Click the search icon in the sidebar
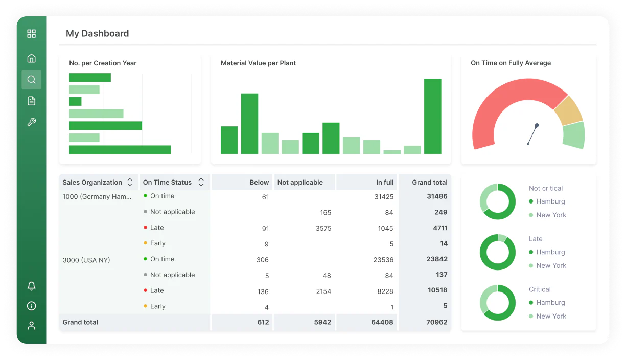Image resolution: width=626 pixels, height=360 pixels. (x=31, y=80)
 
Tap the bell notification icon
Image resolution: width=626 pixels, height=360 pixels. (x=31, y=286)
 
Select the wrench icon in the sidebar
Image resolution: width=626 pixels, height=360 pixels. (x=31, y=122)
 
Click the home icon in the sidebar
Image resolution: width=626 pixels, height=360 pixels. (x=31, y=58)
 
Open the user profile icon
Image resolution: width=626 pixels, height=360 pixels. (x=31, y=326)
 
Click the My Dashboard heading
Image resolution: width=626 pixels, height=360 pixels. (x=97, y=33)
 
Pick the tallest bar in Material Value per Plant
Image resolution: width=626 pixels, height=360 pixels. (x=433, y=117)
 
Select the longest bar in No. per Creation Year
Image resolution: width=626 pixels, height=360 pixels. (x=120, y=150)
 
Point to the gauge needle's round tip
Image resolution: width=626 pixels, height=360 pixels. (x=537, y=126)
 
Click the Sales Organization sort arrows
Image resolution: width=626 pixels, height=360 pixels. (x=130, y=182)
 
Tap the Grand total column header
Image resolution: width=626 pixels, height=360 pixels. (x=430, y=183)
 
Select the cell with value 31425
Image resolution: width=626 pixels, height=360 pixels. (x=384, y=197)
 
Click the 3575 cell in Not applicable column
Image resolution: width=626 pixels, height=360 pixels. (x=323, y=228)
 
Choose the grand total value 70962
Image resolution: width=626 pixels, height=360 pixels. (x=436, y=322)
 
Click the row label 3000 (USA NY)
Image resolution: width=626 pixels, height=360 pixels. (x=86, y=260)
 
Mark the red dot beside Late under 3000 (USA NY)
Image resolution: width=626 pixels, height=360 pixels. (x=145, y=290)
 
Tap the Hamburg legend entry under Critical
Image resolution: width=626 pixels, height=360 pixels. (x=547, y=302)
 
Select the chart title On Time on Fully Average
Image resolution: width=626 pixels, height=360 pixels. (x=511, y=63)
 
